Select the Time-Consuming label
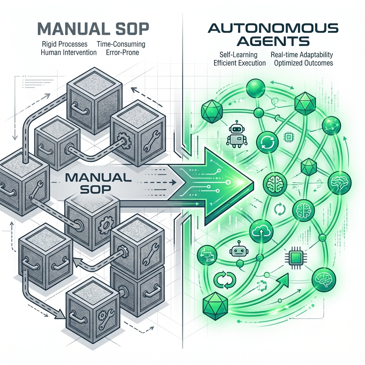click(x=121, y=45)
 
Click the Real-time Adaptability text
click(x=302, y=55)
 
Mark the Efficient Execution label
click(x=240, y=63)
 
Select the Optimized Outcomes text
click(x=304, y=63)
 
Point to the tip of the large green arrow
click(x=252, y=183)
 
